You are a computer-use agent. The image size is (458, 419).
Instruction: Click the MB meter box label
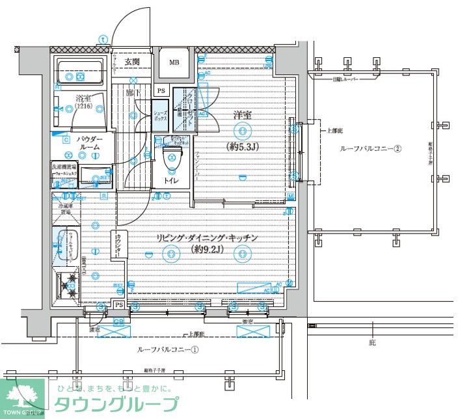click(x=174, y=62)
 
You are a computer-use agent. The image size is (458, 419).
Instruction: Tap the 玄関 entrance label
click(x=132, y=61)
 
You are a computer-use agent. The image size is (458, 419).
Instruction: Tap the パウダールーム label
click(x=88, y=144)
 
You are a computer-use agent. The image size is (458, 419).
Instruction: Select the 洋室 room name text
click(x=243, y=115)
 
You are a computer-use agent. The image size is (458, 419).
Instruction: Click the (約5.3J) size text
click(x=243, y=146)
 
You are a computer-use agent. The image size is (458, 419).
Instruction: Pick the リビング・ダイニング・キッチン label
click(x=208, y=237)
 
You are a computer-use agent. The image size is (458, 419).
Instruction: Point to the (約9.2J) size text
click(x=208, y=249)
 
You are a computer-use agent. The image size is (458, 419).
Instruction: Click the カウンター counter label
click(x=119, y=245)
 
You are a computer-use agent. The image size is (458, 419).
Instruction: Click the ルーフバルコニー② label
click(x=370, y=148)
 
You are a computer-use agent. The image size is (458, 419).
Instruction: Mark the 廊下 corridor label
click(x=133, y=93)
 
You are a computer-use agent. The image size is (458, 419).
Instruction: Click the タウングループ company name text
click(x=116, y=404)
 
